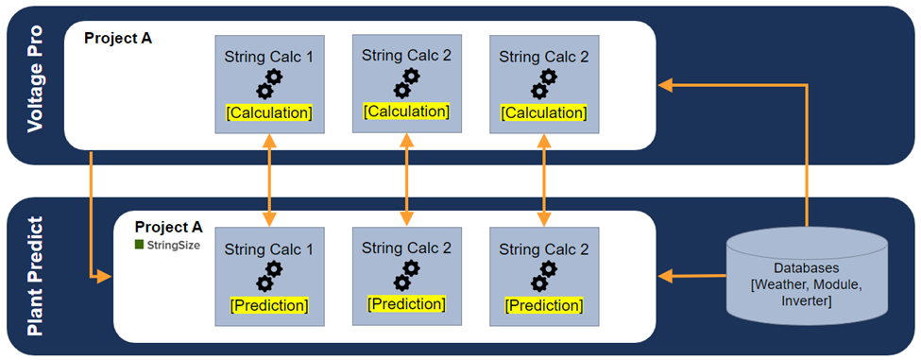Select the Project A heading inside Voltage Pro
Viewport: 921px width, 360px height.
coord(118,39)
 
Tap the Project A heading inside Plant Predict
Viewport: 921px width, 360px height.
coord(168,227)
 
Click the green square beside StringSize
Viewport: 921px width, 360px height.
coord(139,245)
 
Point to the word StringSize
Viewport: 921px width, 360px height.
coord(173,245)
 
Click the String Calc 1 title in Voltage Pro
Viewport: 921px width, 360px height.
coord(269,57)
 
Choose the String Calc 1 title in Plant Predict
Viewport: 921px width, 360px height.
coord(269,249)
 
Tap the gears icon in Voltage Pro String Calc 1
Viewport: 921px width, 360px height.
coord(270,84)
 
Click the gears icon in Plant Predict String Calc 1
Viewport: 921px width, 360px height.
coord(270,277)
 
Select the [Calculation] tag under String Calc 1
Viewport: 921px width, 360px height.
coord(269,112)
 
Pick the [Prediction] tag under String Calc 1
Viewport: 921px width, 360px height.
coord(269,305)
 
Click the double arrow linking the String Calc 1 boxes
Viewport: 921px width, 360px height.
coord(270,179)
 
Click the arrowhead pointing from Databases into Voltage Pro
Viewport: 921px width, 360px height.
coord(666,86)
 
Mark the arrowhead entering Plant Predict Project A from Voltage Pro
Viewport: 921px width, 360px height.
coord(104,277)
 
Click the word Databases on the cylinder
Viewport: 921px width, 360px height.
coord(807,267)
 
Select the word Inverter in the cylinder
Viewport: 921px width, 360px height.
coord(807,301)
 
